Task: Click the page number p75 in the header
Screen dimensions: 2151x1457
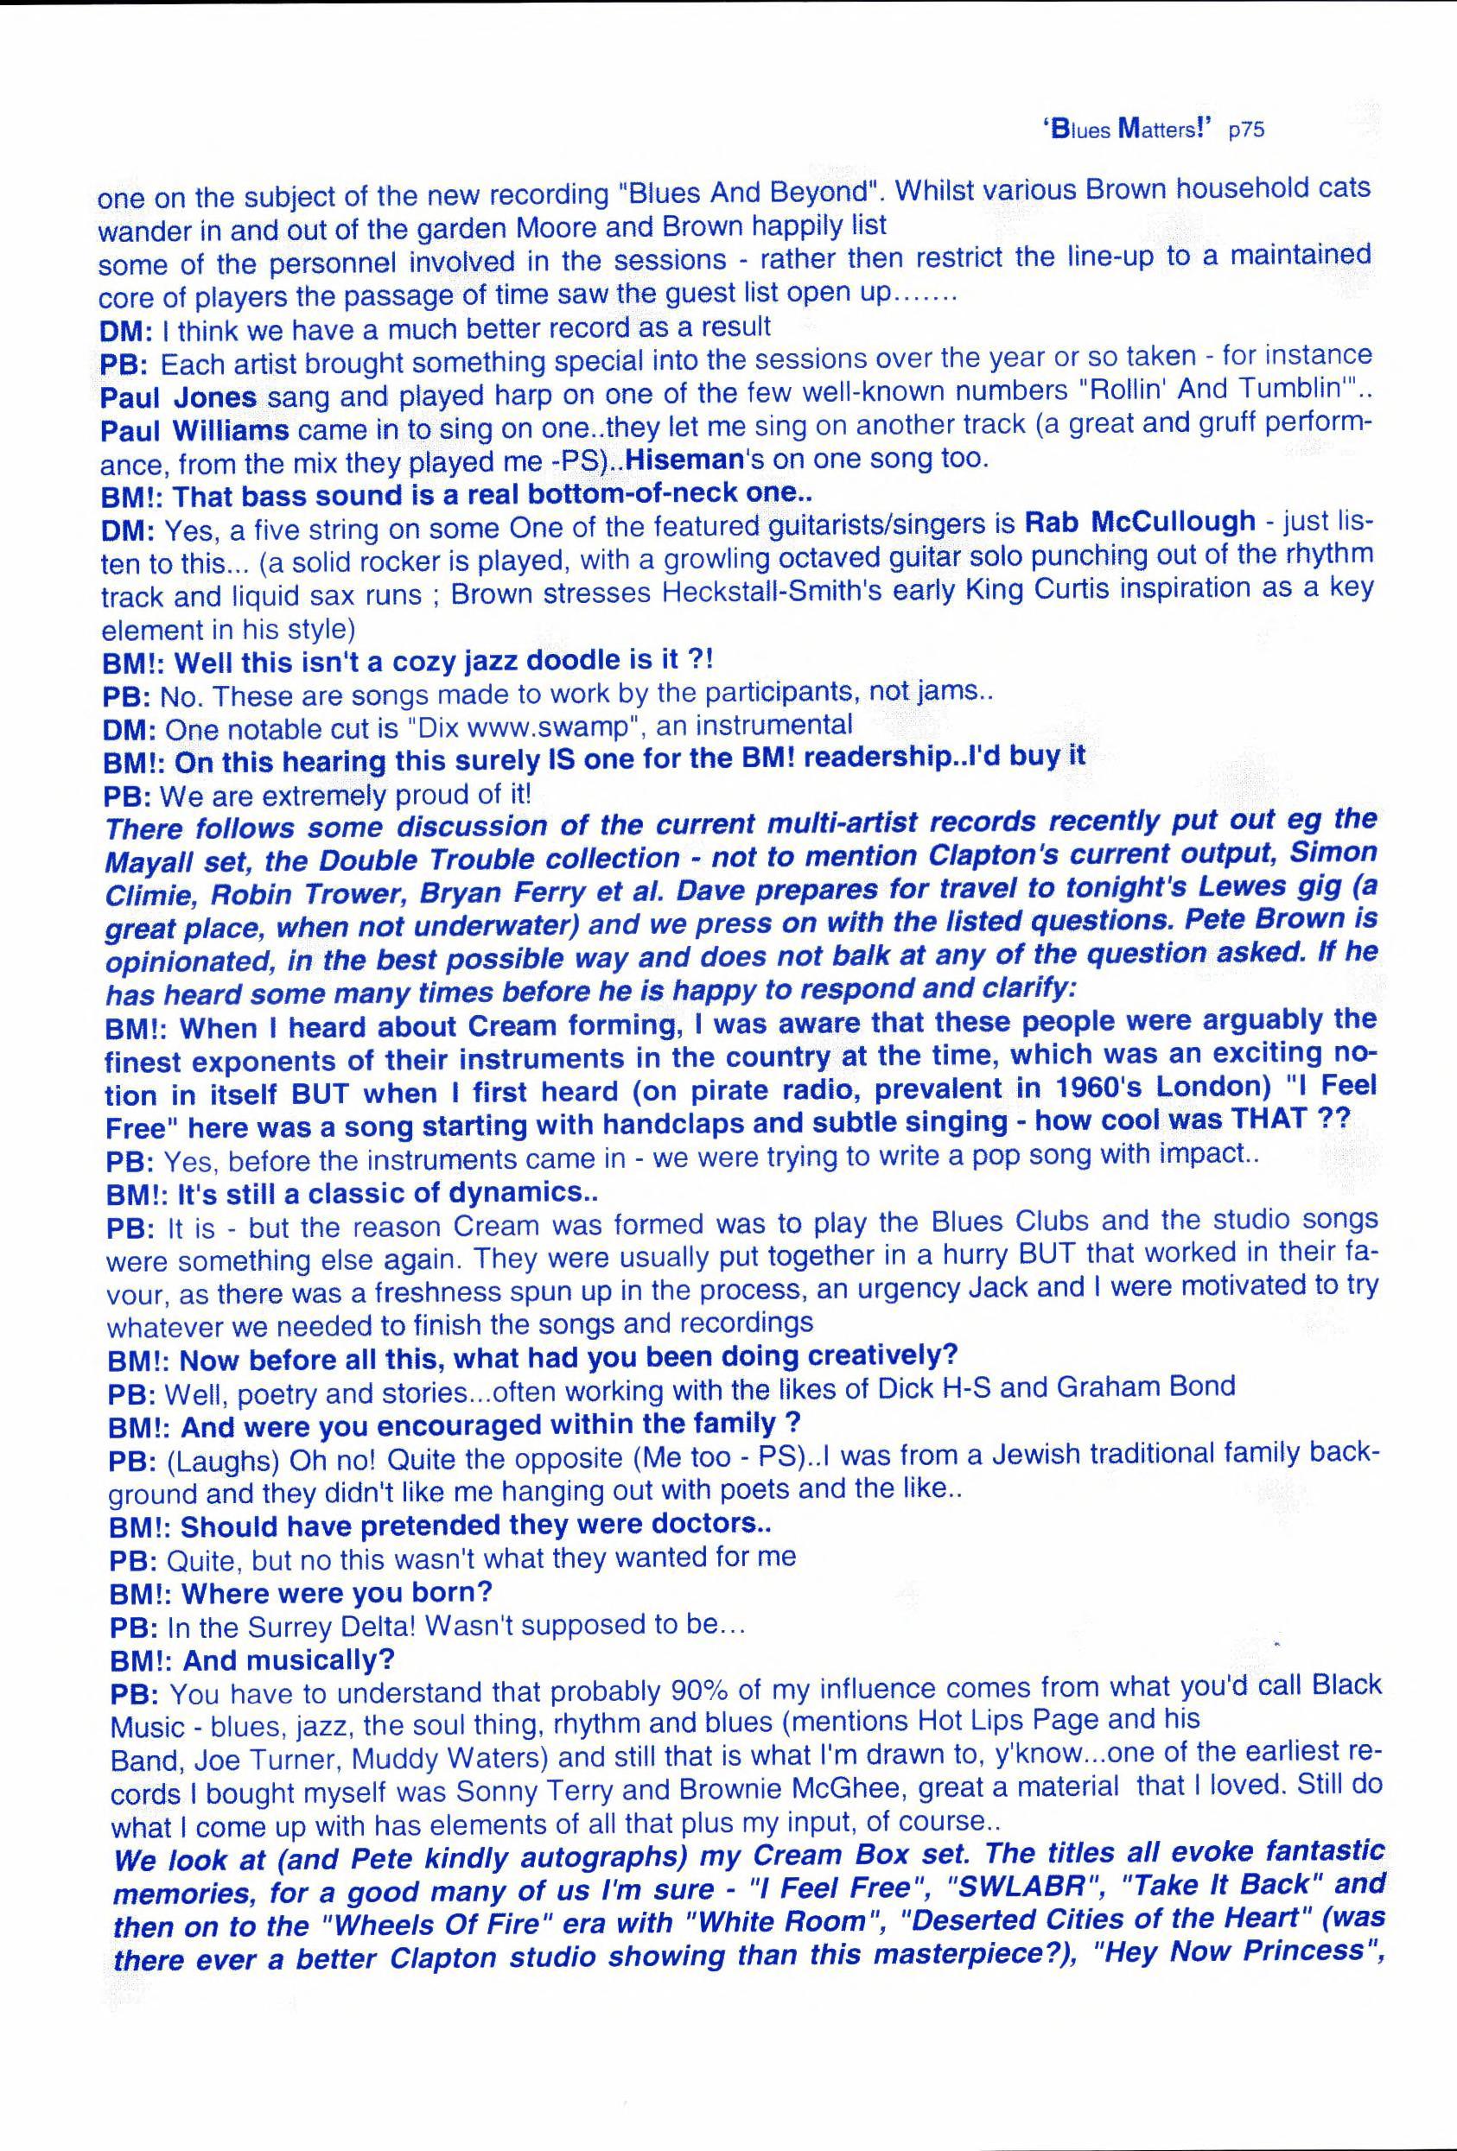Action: pyautogui.click(x=1245, y=130)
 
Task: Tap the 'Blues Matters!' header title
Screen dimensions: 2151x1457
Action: pyautogui.click(x=1127, y=130)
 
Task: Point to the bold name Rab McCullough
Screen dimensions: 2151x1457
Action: pyautogui.click(x=1140, y=522)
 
